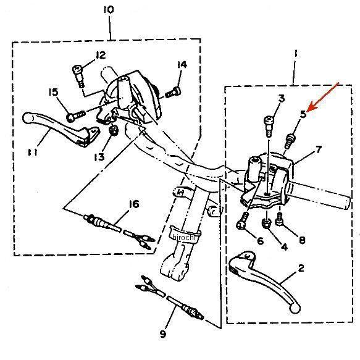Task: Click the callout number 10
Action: (x=108, y=10)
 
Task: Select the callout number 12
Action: (x=101, y=55)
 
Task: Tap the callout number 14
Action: (x=182, y=64)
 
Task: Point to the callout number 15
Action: (x=54, y=92)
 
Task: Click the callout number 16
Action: (x=134, y=204)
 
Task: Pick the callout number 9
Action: (x=163, y=334)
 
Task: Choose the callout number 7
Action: (x=319, y=149)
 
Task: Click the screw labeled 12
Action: (x=78, y=76)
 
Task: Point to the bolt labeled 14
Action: (x=173, y=92)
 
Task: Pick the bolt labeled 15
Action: (x=76, y=115)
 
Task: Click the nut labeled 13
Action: (x=114, y=131)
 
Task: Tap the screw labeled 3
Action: (x=269, y=126)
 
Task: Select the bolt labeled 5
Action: (x=290, y=141)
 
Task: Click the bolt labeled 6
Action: (x=243, y=220)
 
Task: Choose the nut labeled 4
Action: (x=266, y=223)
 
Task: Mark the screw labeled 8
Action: (x=280, y=219)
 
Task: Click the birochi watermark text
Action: (x=183, y=237)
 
